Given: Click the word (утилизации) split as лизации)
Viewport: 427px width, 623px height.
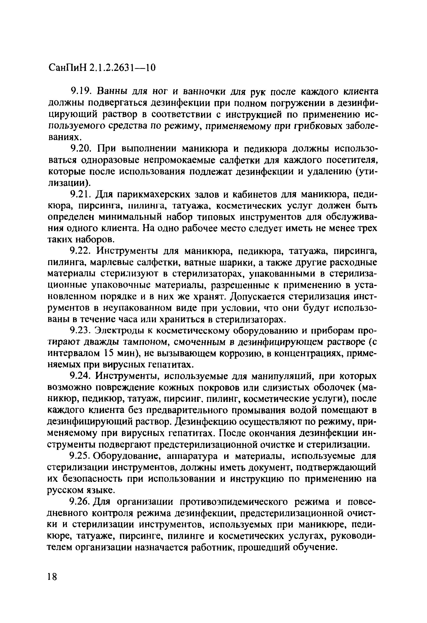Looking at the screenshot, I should tap(69, 183).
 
